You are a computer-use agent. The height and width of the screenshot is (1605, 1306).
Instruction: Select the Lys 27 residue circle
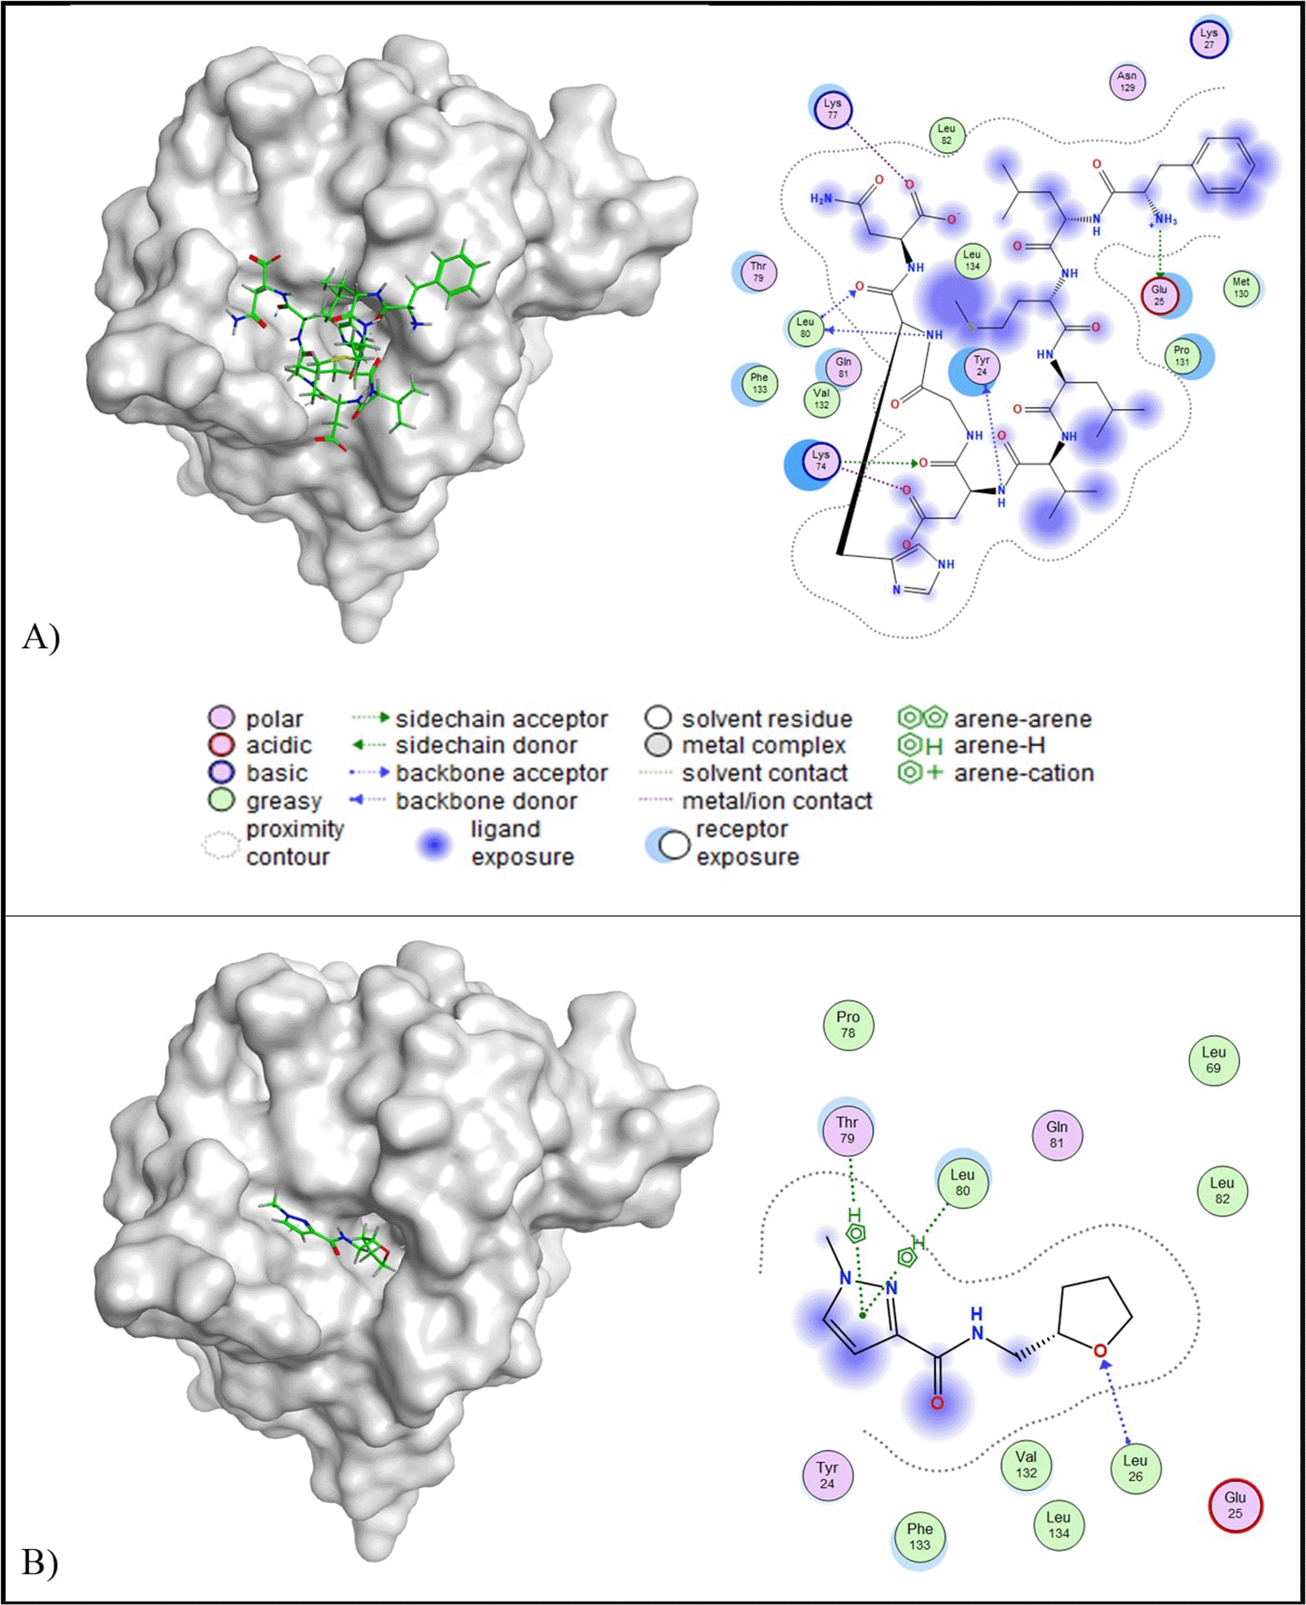1208,39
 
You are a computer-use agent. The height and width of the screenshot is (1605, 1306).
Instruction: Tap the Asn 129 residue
1126,82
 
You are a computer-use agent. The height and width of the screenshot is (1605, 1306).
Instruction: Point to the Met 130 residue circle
1240,287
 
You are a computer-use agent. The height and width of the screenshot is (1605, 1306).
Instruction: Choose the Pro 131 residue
1181,356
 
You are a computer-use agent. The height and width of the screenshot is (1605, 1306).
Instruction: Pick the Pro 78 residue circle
848,1024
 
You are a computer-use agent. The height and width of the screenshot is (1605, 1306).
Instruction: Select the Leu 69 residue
1213,1060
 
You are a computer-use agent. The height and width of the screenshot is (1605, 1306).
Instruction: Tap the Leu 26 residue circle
1135,1468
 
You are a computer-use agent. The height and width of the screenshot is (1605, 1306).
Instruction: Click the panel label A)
41,636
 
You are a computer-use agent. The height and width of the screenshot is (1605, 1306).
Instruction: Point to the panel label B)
40,1562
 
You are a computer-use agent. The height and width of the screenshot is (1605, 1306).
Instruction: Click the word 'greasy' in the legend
283,801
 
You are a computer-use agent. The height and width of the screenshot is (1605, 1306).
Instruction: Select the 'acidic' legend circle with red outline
221,745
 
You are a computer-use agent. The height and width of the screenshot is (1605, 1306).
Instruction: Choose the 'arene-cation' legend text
1024,773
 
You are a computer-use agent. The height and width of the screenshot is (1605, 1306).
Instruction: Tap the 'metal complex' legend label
763,746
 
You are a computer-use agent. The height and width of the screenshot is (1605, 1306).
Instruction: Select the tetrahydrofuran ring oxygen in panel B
1101,1351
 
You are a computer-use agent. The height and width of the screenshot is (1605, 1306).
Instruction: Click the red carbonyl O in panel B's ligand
937,1403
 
